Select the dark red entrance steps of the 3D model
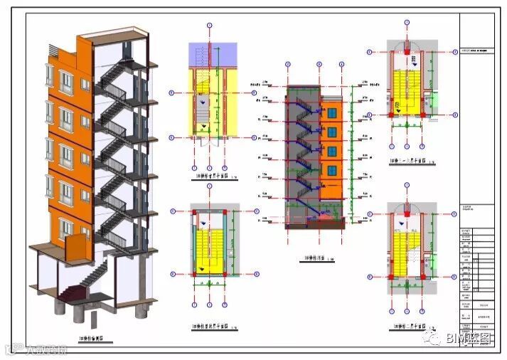pos(72,290)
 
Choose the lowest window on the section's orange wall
pos(331,171)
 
